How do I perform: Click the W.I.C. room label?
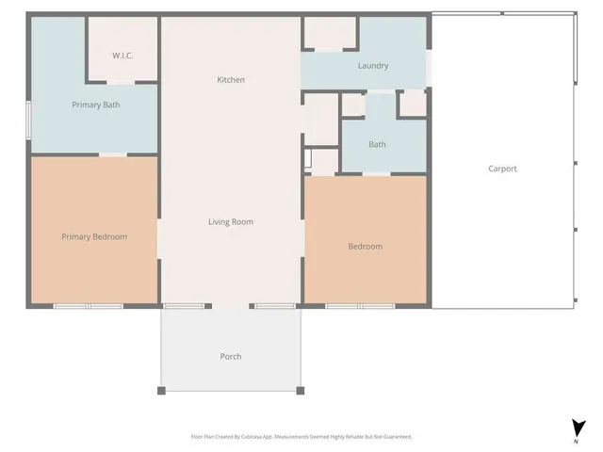[122, 56]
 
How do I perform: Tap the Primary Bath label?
[95, 105]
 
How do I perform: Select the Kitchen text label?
[231, 80]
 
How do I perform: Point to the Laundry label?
[373, 66]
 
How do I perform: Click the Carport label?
[502, 169]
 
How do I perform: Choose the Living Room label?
[231, 222]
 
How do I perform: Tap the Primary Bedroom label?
[94, 236]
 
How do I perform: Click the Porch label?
[231, 356]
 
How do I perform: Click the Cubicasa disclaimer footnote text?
[301, 437]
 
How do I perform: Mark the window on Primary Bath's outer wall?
[28, 120]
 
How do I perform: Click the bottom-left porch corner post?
[162, 390]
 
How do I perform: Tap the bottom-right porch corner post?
[301, 390]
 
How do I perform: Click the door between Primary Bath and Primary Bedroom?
[113, 153]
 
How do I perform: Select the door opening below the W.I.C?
[122, 83]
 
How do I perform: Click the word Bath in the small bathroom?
[377, 144]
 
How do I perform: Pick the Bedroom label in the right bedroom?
[366, 246]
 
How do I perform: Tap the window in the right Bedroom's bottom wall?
[360, 306]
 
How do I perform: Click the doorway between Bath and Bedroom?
[377, 174]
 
